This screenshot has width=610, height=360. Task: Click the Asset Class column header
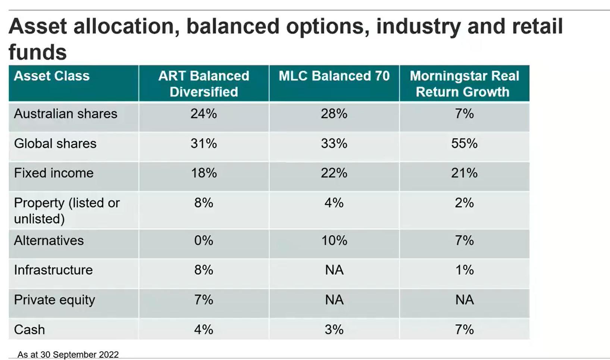click(x=52, y=76)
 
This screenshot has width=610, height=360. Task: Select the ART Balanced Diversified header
click(x=204, y=84)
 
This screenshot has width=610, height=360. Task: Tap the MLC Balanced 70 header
click(x=334, y=76)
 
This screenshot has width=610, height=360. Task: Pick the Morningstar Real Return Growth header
click(x=464, y=84)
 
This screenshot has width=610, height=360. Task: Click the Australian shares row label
click(x=66, y=114)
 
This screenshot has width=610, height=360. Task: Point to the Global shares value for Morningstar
click(x=464, y=144)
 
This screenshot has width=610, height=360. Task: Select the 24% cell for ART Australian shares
click(x=204, y=114)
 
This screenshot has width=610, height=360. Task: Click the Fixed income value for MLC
click(x=334, y=173)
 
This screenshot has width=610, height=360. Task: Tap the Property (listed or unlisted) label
click(x=67, y=210)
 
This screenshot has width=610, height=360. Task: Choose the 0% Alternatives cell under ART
click(x=204, y=241)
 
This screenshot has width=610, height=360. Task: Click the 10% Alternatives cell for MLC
click(x=334, y=241)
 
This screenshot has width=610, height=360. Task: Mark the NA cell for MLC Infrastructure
click(x=334, y=270)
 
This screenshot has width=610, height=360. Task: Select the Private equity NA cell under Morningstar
click(x=464, y=300)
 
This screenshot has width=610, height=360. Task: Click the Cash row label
click(x=29, y=330)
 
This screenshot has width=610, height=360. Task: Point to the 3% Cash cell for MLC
click(x=334, y=330)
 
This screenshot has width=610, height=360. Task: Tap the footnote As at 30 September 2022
click(x=68, y=354)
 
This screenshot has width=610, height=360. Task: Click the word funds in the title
click(x=37, y=52)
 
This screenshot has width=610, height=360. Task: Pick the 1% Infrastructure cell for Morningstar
click(x=464, y=270)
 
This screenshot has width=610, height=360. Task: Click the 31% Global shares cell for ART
click(x=204, y=144)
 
